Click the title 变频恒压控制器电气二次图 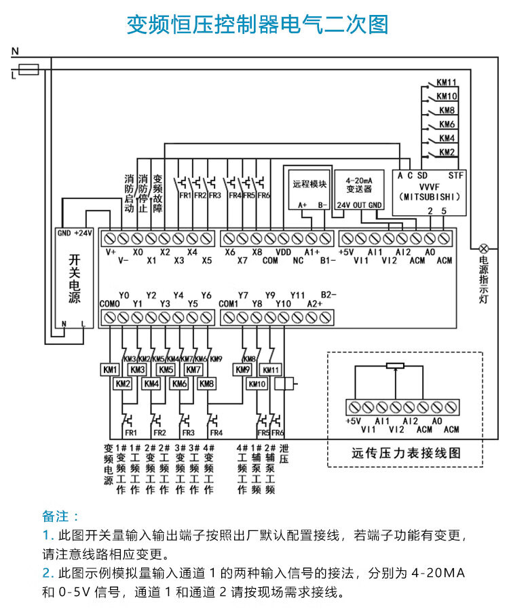click(257, 24)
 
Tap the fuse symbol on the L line click(29, 69)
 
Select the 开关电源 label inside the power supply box click(74, 278)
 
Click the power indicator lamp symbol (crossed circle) click(484, 248)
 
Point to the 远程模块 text click(309, 184)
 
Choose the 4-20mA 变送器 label click(359, 185)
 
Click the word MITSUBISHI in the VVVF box click(430, 197)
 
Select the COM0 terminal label click(109, 303)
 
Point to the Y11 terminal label click(298, 295)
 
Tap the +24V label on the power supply click(83, 233)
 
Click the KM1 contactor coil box click(109, 369)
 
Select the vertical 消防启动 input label click(129, 193)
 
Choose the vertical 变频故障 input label click(157, 193)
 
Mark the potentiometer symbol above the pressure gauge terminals click(394, 366)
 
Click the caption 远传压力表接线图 click(405, 453)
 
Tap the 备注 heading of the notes click(60, 516)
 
